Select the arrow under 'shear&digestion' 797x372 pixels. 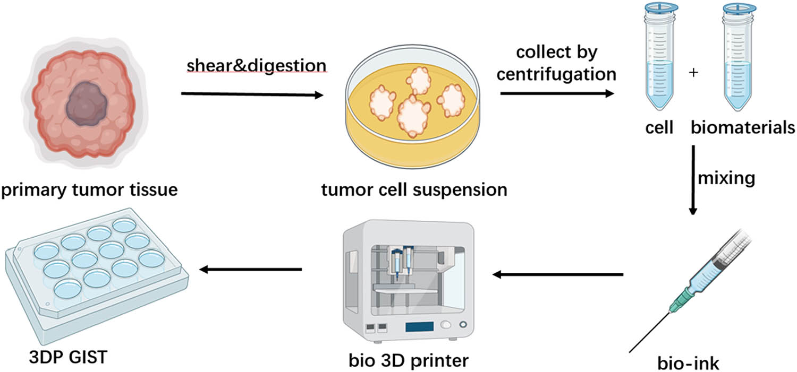(x=252, y=95)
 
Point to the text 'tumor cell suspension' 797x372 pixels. (x=414, y=189)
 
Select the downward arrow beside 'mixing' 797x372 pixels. (x=693, y=180)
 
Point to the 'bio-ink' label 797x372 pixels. (x=689, y=363)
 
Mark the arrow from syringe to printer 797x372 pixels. (x=558, y=274)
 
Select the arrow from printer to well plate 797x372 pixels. (x=251, y=270)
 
